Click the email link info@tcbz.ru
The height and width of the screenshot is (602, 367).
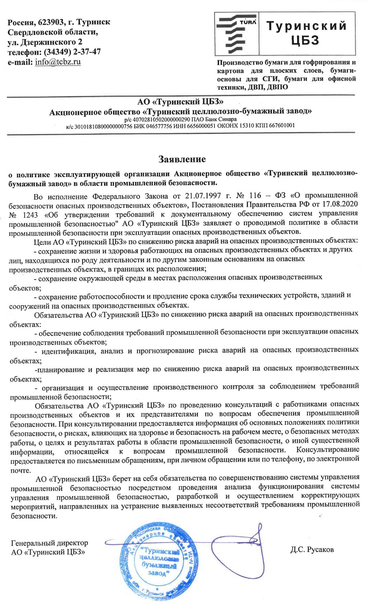click(58, 62)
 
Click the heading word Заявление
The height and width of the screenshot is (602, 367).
click(182, 159)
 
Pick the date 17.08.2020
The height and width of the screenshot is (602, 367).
click(340, 204)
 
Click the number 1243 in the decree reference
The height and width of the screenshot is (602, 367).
click(30, 215)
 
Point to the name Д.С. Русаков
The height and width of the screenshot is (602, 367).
click(312, 549)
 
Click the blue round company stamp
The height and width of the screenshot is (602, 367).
click(158, 562)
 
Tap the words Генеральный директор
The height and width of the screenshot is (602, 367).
click(49, 543)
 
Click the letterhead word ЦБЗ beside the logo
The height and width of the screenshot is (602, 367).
click(305, 40)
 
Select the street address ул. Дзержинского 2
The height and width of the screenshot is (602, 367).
click(45, 42)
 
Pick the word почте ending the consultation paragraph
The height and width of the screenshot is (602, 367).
click(21, 470)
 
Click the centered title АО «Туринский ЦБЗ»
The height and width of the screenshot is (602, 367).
click(180, 102)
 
